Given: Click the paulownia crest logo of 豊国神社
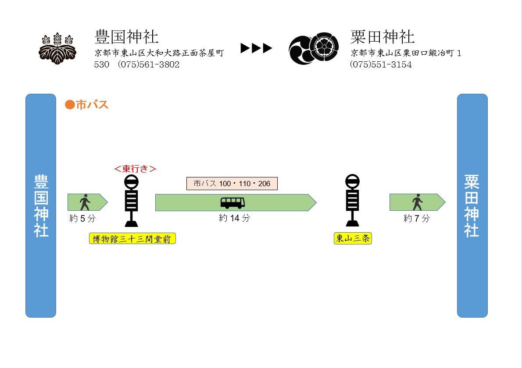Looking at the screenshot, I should (57, 48).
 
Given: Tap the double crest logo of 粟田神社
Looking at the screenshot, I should (314, 48).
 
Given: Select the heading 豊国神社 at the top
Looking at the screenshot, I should (126, 37).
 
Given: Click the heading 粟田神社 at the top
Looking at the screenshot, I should (383, 37).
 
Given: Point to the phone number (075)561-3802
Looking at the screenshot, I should (149, 64).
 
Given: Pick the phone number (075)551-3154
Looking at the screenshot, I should (381, 64).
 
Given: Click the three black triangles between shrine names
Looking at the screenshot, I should (257, 48).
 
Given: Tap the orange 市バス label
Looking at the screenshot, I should (87, 105).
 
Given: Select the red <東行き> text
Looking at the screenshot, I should (135, 169).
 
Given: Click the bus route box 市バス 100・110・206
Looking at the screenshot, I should (232, 184).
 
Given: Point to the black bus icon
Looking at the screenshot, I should (232, 202).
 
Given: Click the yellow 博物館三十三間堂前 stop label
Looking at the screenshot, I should (132, 239).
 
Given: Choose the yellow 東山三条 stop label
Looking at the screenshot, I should (353, 239).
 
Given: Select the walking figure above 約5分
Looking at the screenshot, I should (85, 202).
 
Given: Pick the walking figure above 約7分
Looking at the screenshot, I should (417, 202).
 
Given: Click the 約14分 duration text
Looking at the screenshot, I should (234, 218).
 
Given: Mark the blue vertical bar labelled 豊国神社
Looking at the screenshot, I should (41, 205).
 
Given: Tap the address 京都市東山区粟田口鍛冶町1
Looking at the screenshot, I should (406, 53).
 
